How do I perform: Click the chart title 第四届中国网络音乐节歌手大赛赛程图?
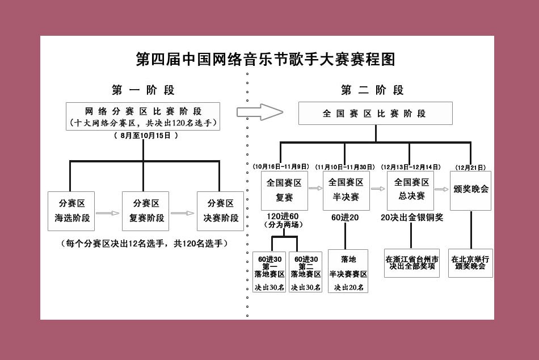[266, 59]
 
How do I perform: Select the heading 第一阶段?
[143, 90]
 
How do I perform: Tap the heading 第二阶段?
[372, 90]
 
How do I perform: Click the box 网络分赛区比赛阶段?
[143, 116]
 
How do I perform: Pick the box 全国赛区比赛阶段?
[375, 114]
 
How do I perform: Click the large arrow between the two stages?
[259, 112]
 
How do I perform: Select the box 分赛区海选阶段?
[71, 211]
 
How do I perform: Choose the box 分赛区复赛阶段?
[145, 211]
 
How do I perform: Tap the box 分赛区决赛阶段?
[220, 211]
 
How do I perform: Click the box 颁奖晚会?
[470, 190]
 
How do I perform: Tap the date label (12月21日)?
[470, 167]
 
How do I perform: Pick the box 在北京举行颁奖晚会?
[470, 262]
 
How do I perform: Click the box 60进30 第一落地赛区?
[269, 271]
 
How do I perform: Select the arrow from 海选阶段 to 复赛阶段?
[108, 214]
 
